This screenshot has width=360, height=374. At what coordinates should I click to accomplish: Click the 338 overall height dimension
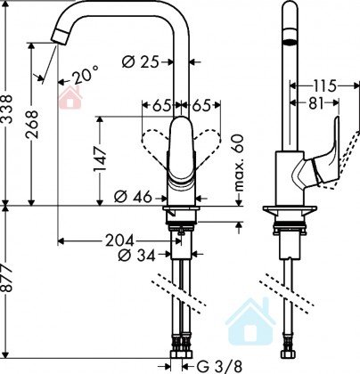(6, 109)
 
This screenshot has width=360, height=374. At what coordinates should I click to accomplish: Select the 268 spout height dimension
(31, 125)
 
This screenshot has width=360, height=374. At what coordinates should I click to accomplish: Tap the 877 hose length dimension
(6, 278)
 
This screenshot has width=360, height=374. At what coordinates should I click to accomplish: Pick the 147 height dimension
(100, 159)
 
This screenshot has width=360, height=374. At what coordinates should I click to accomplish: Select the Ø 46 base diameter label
(133, 197)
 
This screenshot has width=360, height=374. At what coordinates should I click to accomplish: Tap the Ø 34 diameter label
(136, 255)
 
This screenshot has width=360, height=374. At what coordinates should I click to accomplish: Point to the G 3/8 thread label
(219, 366)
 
